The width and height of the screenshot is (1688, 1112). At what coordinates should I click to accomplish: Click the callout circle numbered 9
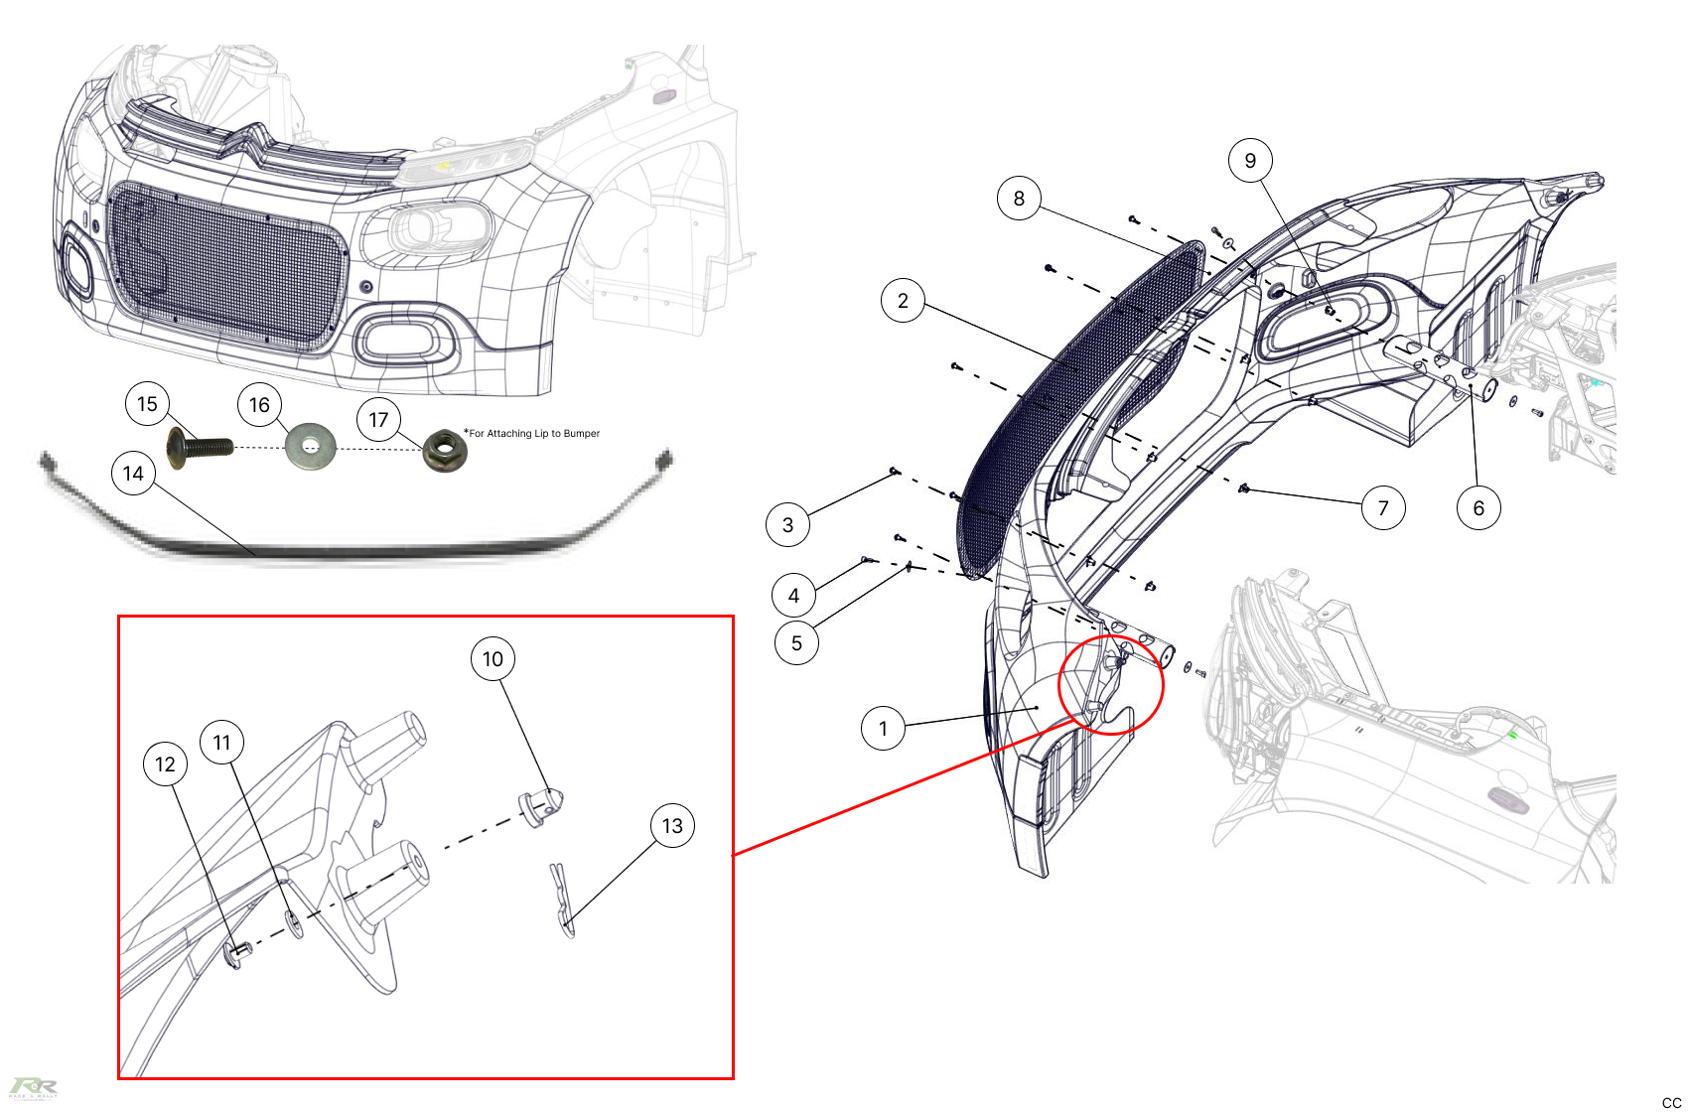tap(1250, 161)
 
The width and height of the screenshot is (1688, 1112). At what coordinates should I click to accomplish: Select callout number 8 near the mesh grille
tap(1019, 199)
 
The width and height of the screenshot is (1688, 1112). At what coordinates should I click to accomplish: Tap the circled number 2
tap(903, 301)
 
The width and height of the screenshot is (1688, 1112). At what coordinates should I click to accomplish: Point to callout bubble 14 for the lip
tap(133, 474)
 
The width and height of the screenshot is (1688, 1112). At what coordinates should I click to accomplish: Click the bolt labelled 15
tap(200, 448)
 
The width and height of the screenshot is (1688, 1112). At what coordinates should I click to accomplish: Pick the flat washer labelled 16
tap(310, 448)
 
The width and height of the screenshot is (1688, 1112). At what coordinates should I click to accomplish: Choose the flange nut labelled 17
tap(445, 450)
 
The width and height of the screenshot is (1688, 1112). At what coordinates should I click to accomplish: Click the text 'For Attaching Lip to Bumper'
tap(534, 434)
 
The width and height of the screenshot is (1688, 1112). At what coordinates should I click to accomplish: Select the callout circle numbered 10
tap(492, 659)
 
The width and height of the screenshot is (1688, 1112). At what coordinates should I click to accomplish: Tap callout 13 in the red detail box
tap(672, 826)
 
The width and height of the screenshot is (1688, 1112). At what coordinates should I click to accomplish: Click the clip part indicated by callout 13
tap(563, 900)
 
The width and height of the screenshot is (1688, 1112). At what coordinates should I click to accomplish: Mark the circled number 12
tap(165, 764)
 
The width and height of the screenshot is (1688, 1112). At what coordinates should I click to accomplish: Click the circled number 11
tap(221, 743)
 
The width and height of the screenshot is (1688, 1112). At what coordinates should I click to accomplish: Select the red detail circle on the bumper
tap(1110, 685)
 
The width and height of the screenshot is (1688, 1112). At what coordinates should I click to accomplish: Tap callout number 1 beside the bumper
tap(883, 729)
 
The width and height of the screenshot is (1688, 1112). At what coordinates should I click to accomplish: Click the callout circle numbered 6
tap(1478, 508)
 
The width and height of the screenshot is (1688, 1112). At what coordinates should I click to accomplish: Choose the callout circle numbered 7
tap(1383, 508)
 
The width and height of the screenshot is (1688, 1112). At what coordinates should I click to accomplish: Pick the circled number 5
tap(796, 643)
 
